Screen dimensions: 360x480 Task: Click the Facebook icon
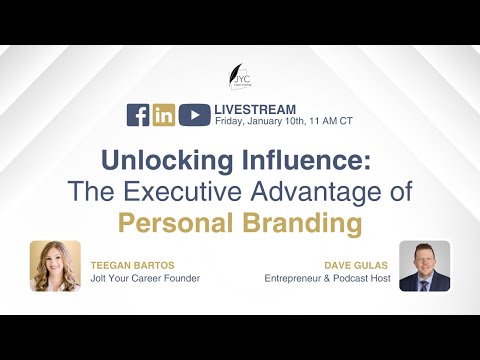(138, 115)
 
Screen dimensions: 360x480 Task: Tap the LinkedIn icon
(164, 115)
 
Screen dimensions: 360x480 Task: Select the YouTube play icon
(194, 115)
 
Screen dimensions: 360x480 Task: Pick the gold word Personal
(171, 221)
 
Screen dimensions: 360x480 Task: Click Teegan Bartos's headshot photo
(55, 266)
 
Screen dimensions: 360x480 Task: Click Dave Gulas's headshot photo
(424, 266)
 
